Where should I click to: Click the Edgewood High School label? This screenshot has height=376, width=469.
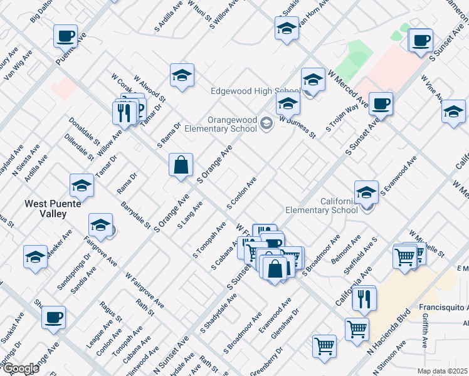246,91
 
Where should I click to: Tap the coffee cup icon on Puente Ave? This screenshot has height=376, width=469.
65,36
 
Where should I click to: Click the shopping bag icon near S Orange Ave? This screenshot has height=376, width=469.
181,165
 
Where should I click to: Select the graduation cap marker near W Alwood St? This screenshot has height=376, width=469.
182,76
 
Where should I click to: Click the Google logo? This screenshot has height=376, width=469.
20,368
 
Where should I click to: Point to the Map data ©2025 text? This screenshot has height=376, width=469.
442,371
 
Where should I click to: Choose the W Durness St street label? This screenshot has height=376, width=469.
297,127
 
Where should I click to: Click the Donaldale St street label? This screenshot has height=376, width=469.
81,130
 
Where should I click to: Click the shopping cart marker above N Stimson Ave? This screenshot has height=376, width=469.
357,328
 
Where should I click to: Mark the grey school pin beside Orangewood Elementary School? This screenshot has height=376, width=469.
267,124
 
